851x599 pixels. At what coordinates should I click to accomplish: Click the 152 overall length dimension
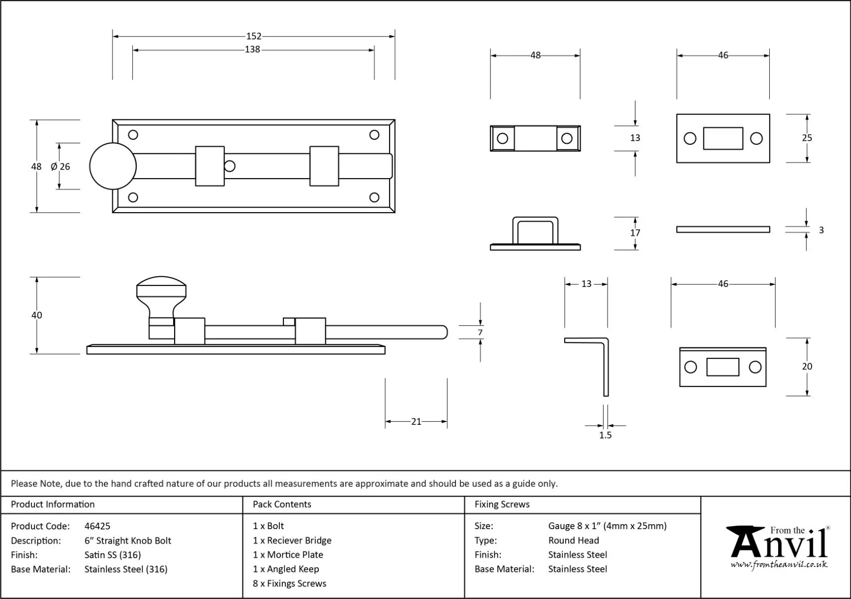[x=253, y=36]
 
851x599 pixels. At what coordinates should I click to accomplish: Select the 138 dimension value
[x=252, y=49]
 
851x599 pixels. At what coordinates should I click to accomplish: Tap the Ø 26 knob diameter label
[x=60, y=167]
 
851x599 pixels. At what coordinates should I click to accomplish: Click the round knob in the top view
[x=113, y=166]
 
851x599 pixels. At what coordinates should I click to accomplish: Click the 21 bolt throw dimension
[x=416, y=422]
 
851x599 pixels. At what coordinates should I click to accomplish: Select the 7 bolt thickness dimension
[x=480, y=332]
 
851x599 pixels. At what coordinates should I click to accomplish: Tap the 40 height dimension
[x=36, y=315]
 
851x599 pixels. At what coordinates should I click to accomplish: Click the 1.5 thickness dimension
[x=605, y=435]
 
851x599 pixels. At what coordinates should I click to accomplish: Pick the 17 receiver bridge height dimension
[x=635, y=233]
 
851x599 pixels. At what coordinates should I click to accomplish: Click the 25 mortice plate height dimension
[x=807, y=138]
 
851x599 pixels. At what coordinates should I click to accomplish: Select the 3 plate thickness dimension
[x=821, y=230]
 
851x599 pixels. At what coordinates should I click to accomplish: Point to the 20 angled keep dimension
[x=807, y=366]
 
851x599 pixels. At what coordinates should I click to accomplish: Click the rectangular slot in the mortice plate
[x=723, y=138]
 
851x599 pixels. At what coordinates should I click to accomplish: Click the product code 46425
[x=97, y=526]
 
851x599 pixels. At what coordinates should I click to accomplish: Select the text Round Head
[x=574, y=540]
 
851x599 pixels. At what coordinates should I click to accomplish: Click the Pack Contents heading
[x=282, y=504]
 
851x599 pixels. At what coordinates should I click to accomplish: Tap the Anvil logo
[x=778, y=547]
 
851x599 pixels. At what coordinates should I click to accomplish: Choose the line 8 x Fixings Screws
[x=289, y=584]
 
